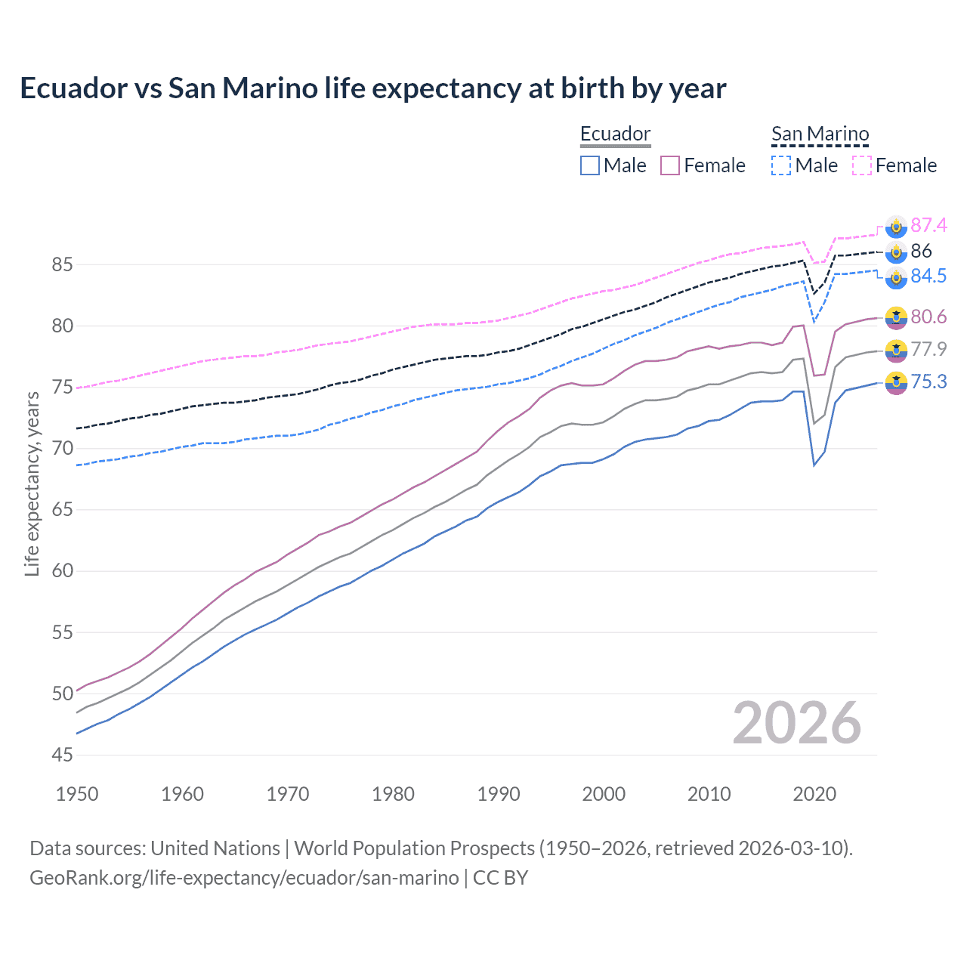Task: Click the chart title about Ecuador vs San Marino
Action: click(372, 88)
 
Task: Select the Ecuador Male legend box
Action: click(590, 165)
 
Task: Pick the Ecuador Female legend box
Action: click(670, 165)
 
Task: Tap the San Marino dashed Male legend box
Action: click(781, 165)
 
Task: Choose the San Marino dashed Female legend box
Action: click(862, 165)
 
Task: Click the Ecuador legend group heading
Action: click(615, 134)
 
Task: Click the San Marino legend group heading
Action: click(820, 134)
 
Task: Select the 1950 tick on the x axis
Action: click(77, 794)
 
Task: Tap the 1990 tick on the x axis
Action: click(499, 794)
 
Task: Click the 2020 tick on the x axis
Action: click(814, 794)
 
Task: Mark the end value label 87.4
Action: click(928, 225)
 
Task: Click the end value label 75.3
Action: click(928, 382)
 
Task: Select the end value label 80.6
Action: click(928, 317)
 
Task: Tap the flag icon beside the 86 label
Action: click(896, 252)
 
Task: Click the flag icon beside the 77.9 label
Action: click(896, 350)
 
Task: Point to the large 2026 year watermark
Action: click(796, 723)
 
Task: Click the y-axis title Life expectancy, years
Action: click(32, 483)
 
